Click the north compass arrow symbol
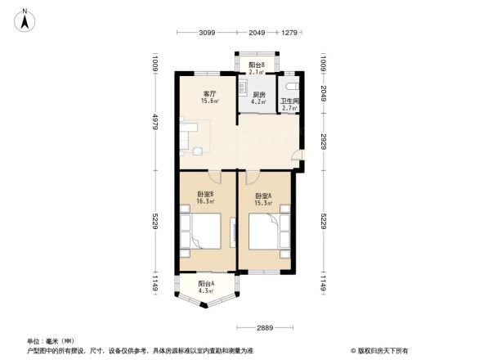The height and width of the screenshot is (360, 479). tap(26, 19)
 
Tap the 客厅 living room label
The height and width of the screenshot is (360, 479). tap(210, 97)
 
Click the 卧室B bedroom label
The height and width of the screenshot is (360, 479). tap(205, 197)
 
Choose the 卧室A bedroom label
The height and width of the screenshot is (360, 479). tap(263, 199)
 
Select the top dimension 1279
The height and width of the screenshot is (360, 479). tap(289, 33)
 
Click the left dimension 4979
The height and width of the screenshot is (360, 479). tap(154, 124)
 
